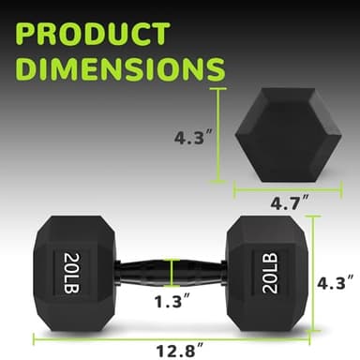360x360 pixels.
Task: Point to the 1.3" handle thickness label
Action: (x=169, y=302)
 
